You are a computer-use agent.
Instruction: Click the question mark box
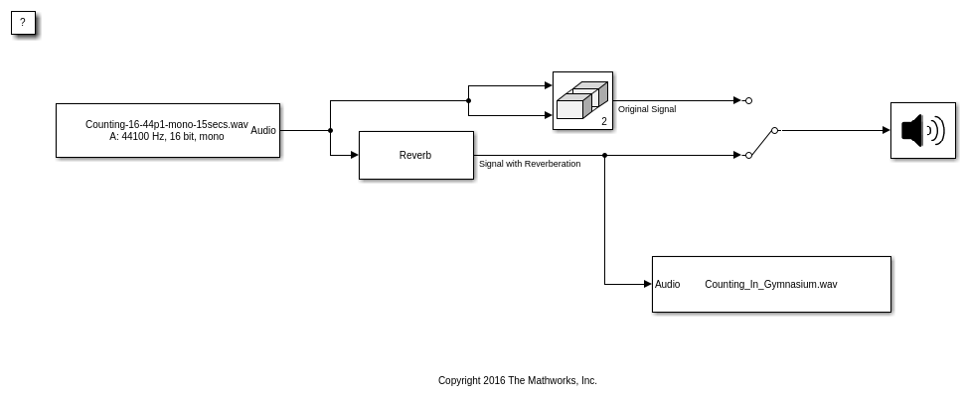pyautogui.click(x=23, y=23)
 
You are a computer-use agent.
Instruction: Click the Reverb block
pyautogui.click(x=415, y=155)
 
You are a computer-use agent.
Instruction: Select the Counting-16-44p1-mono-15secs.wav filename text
pyautogui.click(x=166, y=124)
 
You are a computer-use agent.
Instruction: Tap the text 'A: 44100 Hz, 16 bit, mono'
pyautogui.click(x=166, y=136)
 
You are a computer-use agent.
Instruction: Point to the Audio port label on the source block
pyautogui.click(x=263, y=130)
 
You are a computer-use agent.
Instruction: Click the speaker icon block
pyautogui.click(x=922, y=130)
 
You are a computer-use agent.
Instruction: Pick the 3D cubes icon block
pyautogui.click(x=581, y=99)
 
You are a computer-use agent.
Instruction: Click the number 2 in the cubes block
pyautogui.click(x=603, y=121)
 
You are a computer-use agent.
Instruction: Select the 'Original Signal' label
pyautogui.click(x=647, y=109)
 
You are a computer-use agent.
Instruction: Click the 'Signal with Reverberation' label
pyautogui.click(x=530, y=164)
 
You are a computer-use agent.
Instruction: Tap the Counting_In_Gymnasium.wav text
pyautogui.click(x=770, y=284)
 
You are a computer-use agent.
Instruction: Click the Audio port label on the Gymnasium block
pyautogui.click(x=668, y=284)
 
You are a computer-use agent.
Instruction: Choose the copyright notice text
pyautogui.click(x=517, y=380)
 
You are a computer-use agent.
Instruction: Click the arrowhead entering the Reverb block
pyautogui.click(x=354, y=155)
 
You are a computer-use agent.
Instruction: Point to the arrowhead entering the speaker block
pyautogui.click(x=886, y=130)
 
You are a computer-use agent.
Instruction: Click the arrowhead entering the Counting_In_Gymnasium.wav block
pyautogui.click(x=647, y=284)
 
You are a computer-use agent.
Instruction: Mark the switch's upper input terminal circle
pyautogui.click(x=748, y=100)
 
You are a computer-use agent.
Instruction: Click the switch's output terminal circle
pyautogui.click(x=774, y=130)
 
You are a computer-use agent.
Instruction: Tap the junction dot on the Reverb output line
pyautogui.click(x=604, y=155)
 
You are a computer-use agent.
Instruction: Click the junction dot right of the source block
pyautogui.click(x=330, y=130)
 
